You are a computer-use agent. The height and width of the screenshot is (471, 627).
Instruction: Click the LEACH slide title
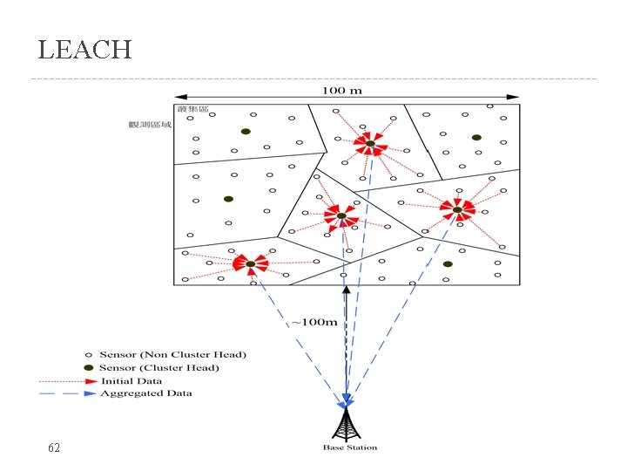[x=84, y=50]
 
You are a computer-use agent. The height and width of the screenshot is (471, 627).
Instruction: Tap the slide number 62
[x=54, y=447]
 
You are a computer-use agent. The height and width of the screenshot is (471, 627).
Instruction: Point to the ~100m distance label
[x=314, y=322]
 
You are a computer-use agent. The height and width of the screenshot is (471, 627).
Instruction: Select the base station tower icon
[x=348, y=425]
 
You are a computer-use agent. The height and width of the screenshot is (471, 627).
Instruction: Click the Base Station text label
[x=350, y=447]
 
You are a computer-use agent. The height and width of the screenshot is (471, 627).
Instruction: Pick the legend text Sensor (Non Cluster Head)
[x=172, y=354]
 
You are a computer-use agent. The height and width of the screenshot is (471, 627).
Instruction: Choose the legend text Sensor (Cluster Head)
[x=159, y=367]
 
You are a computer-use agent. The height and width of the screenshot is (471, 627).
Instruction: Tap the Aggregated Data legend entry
[x=145, y=393]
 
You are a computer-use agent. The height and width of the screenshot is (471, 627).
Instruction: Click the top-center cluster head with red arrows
[x=369, y=144]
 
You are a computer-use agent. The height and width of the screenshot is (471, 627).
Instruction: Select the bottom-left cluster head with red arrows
[x=250, y=263]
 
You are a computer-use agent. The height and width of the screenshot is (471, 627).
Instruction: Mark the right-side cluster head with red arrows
[x=456, y=208]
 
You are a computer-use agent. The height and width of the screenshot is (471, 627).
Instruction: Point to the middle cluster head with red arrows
[x=341, y=215]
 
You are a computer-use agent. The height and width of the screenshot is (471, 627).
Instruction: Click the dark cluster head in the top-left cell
[x=246, y=132]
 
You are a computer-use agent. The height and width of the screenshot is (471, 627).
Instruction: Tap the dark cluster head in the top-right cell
[x=476, y=138]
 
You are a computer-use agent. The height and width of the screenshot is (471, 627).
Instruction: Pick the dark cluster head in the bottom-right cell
[x=448, y=263]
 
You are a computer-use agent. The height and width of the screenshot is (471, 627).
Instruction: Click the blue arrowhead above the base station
[x=347, y=401]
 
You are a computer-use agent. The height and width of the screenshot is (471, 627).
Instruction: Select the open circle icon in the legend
[x=88, y=354]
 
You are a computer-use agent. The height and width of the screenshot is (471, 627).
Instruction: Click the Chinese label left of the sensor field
[x=151, y=125]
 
